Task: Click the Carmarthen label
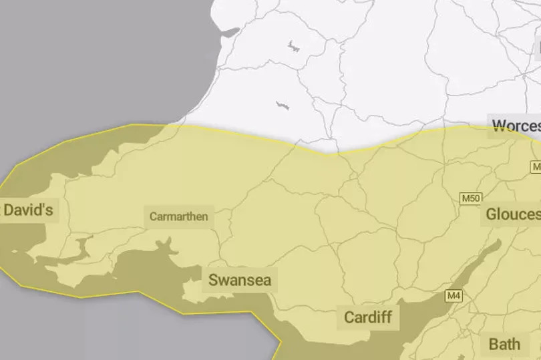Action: [x=178, y=216]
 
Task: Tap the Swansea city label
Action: [x=240, y=279]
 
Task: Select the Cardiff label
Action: [x=367, y=317]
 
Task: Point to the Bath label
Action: [x=504, y=345]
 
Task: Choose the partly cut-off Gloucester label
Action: [x=512, y=214]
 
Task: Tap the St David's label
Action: [x=28, y=210]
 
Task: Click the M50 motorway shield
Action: [x=470, y=198]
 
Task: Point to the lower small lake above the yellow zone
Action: [x=283, y=106]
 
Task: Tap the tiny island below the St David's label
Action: [x=15, y=252]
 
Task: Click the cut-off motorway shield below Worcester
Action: [x=536, y=166]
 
